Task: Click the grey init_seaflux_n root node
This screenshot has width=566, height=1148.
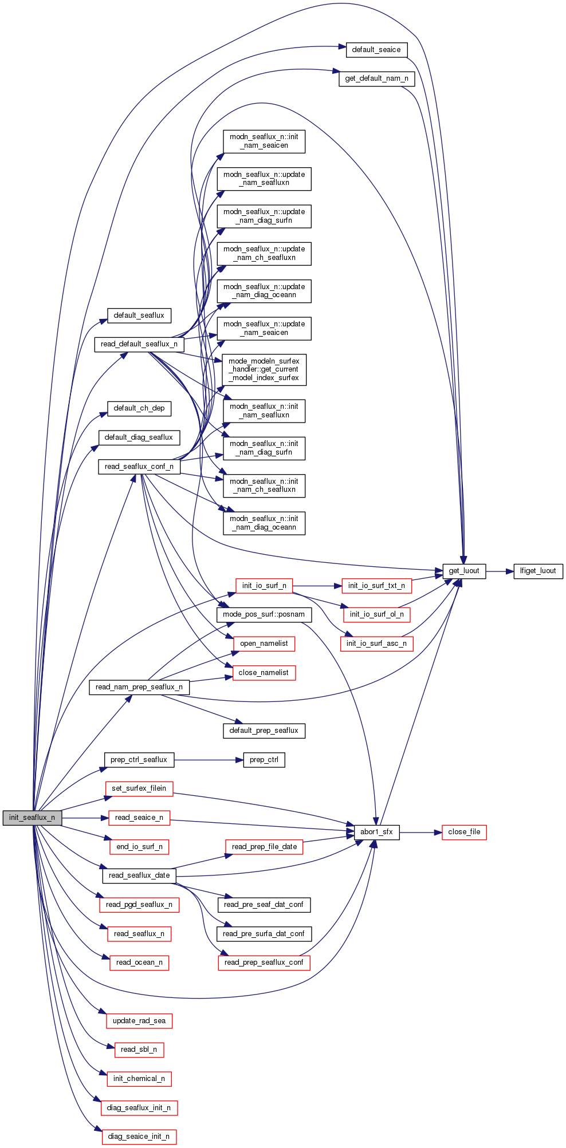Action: click(32, 818)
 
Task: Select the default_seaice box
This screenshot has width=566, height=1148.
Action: click(376, 50)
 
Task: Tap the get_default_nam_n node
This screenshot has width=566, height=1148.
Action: click(376, 78)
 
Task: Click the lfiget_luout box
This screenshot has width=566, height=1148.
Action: click(538, 571)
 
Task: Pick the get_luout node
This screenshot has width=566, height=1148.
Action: click(464, 571)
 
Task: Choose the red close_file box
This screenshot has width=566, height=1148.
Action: click(464, 832)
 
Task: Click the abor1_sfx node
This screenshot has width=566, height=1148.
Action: click(376, 832)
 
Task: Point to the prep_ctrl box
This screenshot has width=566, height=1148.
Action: click(264, 760)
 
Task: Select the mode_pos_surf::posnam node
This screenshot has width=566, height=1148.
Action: click(264, 614)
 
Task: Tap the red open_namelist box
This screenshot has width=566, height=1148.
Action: click(264, 644)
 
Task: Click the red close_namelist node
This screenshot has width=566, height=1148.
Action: click(264, 673)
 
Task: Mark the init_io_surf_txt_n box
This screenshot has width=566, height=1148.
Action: click(376, 586)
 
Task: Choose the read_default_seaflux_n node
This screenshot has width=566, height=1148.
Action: click(139, 344)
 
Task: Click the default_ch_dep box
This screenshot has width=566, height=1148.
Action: click(139, 408)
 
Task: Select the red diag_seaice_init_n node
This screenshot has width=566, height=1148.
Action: click(139, 1137)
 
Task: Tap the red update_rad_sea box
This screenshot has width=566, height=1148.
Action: click(139, 1021)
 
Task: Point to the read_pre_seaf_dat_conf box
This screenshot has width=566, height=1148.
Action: click(264, 905)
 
